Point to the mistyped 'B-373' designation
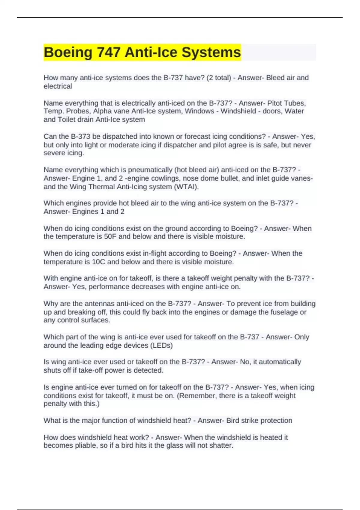(80, 136)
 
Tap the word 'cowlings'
(167, 178)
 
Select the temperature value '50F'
(110, 236)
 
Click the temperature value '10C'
(98, 262)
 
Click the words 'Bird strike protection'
(259, 421)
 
